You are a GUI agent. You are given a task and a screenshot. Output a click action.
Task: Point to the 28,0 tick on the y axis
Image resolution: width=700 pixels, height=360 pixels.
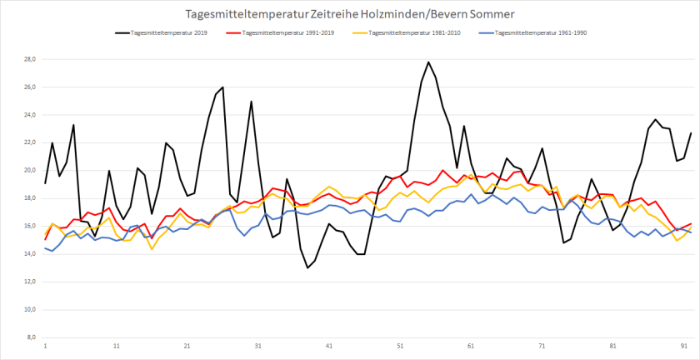click(x=30, y=59)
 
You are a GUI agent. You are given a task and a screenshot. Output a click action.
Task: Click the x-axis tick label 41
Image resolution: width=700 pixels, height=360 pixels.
click(x=329, y=345)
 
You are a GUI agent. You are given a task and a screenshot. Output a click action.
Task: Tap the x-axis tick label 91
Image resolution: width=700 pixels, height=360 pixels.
click(x=685, y=345)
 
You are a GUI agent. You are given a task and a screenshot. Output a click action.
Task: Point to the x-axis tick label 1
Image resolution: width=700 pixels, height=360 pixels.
click(x=45, y=345)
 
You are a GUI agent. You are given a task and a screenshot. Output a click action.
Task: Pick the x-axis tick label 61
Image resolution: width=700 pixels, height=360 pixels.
click(x=472, y=345)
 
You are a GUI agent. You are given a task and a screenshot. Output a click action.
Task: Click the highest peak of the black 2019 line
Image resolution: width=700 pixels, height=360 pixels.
click(x=428, y=62)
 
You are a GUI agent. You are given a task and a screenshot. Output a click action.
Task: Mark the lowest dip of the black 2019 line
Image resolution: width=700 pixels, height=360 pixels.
click(x=307, y=267)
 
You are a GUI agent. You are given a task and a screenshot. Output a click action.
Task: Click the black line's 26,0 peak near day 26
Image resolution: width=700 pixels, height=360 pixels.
click(x=222, y=87)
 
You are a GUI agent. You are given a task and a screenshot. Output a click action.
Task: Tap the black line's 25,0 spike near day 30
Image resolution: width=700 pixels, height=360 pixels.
click(x=251, y=102)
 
